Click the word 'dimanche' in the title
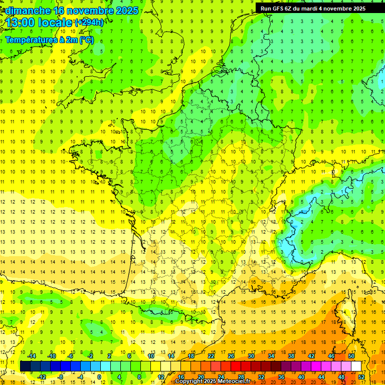coord(27,11)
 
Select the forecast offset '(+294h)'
coord(89,23)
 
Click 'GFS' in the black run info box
coord(279,9)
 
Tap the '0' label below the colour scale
coord(99,377)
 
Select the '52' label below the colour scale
coord(361,377)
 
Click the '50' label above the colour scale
coord(351,356)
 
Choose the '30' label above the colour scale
coord(251,356)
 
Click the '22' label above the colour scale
coord(211,356)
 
